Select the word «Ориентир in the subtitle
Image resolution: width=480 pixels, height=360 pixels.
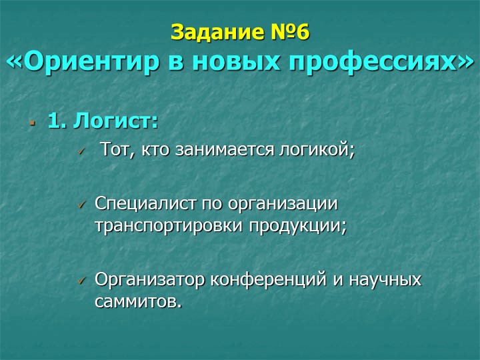(x=83, y=62)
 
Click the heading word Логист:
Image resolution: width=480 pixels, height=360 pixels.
(x=116, y=120)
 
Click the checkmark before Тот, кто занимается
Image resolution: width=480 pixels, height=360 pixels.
(x=81, y=151)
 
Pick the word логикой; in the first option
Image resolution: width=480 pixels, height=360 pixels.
(x=317, y=150)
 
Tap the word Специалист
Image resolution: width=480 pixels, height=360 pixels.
(x=145, y=203)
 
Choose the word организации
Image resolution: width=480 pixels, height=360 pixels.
(x=283, y=204)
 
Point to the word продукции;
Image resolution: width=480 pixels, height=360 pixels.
(x=297, y=227)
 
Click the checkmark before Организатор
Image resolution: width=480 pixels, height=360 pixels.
(x=81, y=280)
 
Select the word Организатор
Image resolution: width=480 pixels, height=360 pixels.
(x=149, y=279)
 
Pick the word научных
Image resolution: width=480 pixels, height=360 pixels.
(x=385, y=280)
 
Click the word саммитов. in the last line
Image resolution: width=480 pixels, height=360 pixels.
(x=139, y=302)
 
